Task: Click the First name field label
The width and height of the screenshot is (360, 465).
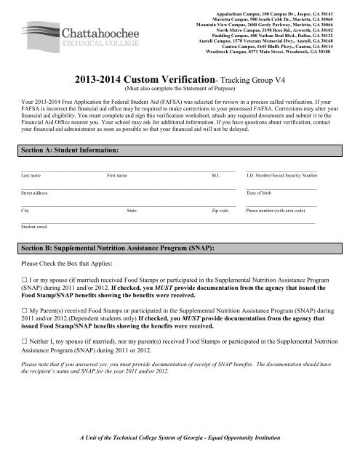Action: click(117, 155)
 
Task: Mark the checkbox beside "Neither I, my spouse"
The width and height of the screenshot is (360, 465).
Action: click(26, 339)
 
